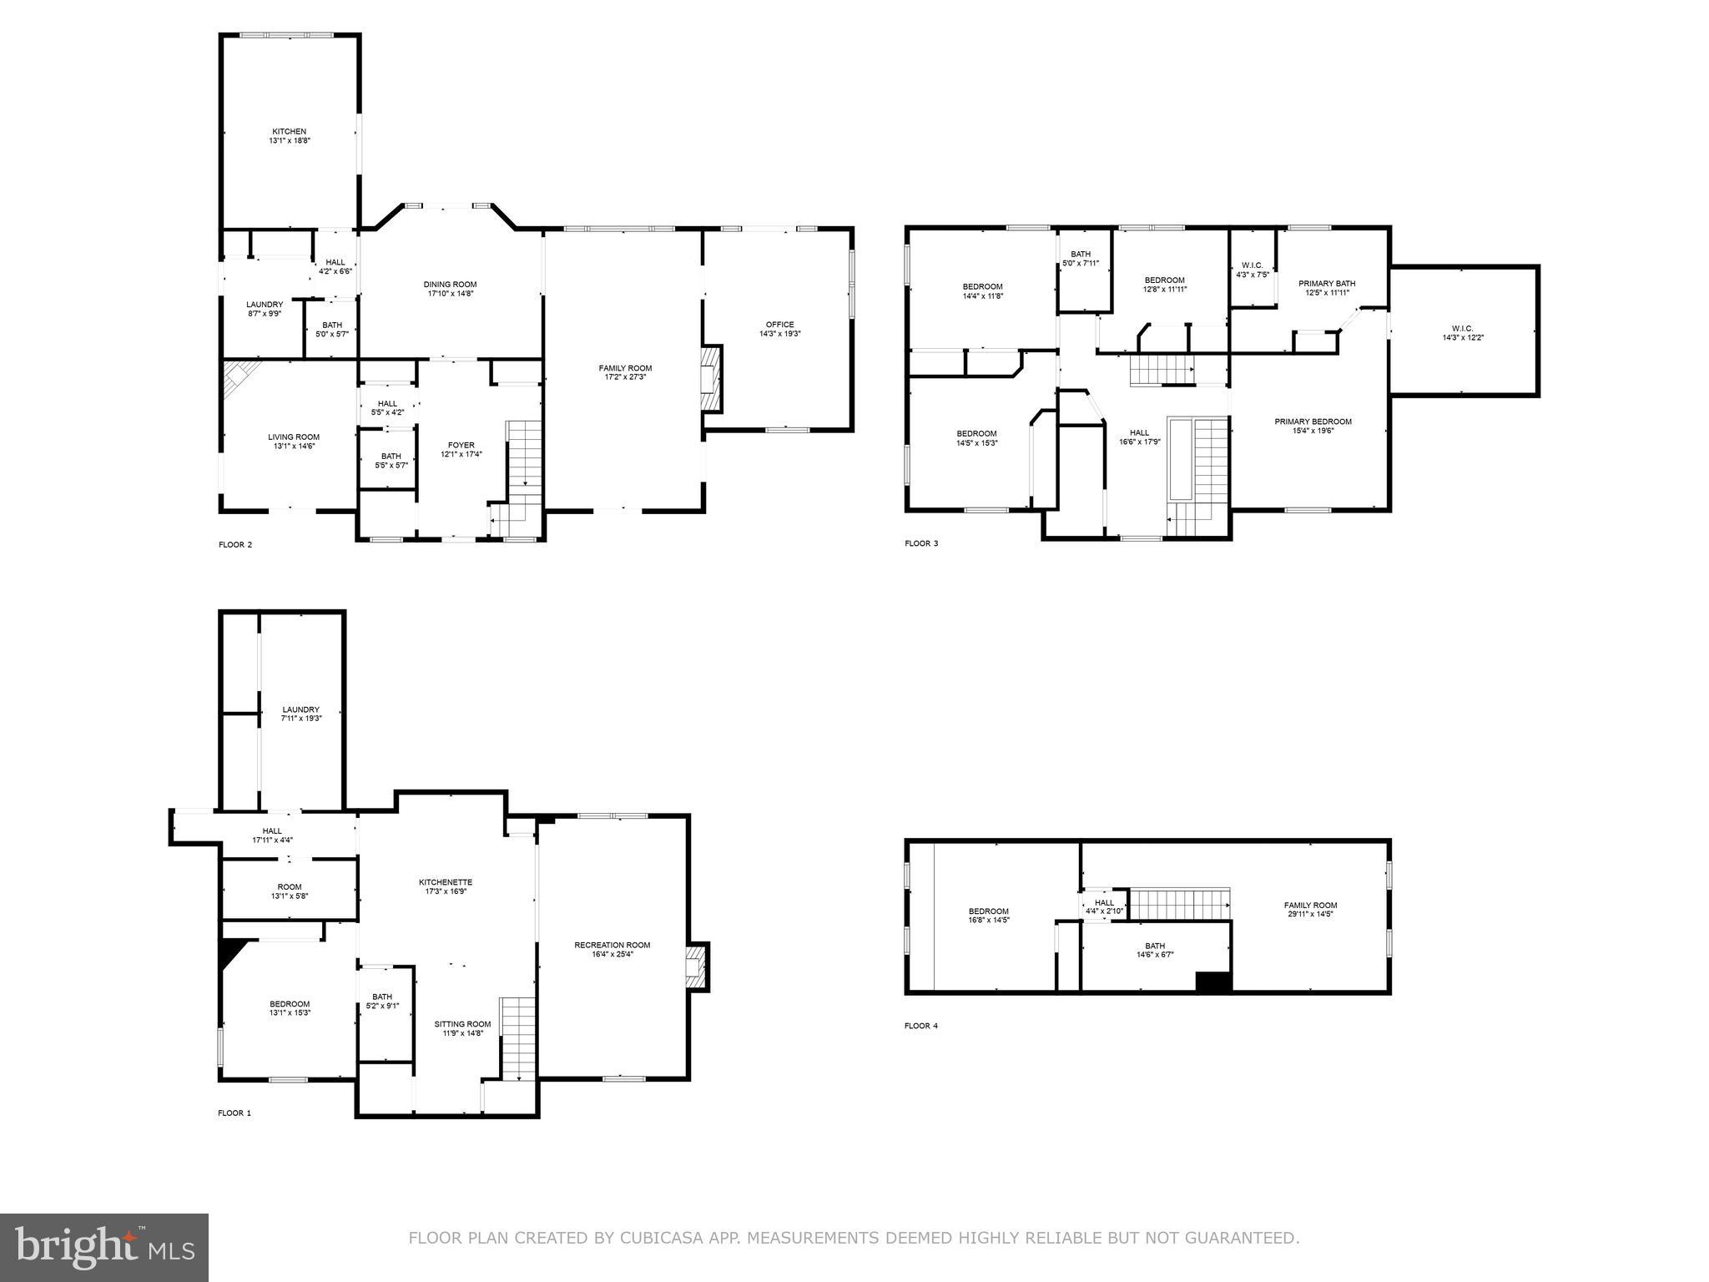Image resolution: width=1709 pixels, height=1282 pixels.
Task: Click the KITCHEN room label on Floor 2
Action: coord(289,132)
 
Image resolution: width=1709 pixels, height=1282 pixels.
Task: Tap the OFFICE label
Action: coord(779,325)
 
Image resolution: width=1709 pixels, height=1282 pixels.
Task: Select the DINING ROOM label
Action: coord(450,285)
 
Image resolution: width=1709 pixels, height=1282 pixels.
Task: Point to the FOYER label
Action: coord(461,446)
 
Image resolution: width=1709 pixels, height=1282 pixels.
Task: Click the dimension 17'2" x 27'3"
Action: coord(625,377)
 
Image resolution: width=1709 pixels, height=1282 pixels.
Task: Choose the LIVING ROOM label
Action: coord(293,437)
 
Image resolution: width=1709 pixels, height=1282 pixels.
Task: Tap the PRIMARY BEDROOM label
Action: coord(1313,421)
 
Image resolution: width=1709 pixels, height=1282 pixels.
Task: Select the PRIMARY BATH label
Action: coord(1327,284)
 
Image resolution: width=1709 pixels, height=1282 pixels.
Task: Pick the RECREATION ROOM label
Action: coord(612,945)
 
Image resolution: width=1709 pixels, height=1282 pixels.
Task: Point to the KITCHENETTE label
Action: coord(446,882)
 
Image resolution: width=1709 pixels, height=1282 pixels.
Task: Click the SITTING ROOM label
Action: coord(462,1024)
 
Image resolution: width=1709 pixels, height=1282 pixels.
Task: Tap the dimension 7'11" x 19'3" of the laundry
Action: coord(300,718)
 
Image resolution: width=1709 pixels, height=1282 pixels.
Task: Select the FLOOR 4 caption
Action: coord(920,1026)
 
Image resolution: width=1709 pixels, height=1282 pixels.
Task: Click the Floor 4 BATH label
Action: coord(1155,946)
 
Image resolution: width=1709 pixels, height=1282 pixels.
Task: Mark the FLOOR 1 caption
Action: coord(234,1113)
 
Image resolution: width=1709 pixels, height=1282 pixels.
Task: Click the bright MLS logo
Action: coord(104,1248)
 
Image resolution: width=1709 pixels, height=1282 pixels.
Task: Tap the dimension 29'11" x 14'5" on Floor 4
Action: coord(1310,914)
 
